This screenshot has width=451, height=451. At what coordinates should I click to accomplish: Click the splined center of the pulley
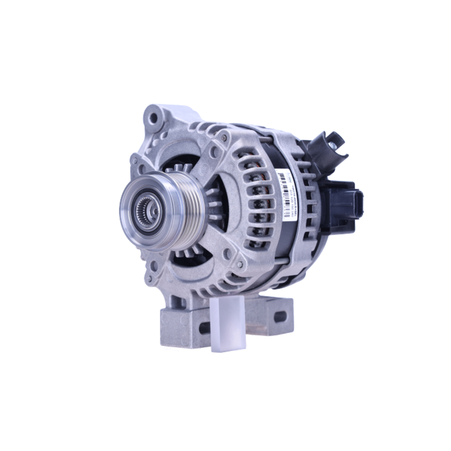click(x=147, y=211)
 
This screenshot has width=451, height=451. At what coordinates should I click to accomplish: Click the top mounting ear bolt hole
click(x=153, y=118)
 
